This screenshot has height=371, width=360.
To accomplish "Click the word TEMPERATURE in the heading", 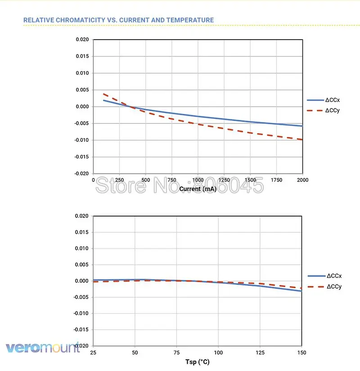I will (190, 20).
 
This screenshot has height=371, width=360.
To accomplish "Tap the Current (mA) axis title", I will (198, 189).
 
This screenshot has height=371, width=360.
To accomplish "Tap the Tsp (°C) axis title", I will (197, 362).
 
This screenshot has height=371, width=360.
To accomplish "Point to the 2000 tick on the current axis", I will (302, 180).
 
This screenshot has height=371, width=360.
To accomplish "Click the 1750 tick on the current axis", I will (276, 180).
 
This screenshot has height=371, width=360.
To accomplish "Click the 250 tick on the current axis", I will (119, 180).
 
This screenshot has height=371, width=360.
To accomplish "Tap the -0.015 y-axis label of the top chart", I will (81, 157).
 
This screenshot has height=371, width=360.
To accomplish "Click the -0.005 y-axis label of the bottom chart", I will (81, 297).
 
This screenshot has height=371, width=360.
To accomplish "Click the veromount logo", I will (43, 348).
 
